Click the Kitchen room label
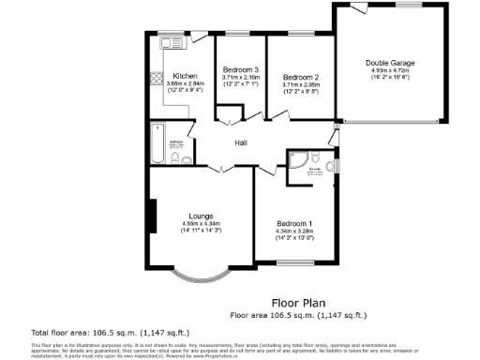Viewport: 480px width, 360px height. coord(183,75)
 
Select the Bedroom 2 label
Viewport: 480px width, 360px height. coord(301,76)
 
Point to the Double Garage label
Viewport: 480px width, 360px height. coord(390,63)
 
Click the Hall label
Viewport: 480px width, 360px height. coord(240,142)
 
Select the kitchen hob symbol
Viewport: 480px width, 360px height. coord(157,80)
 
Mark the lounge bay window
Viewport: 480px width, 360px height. coord(201,276)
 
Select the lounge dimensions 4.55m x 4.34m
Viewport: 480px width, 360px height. coord(201,223)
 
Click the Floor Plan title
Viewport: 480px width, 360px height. coord(297,303)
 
